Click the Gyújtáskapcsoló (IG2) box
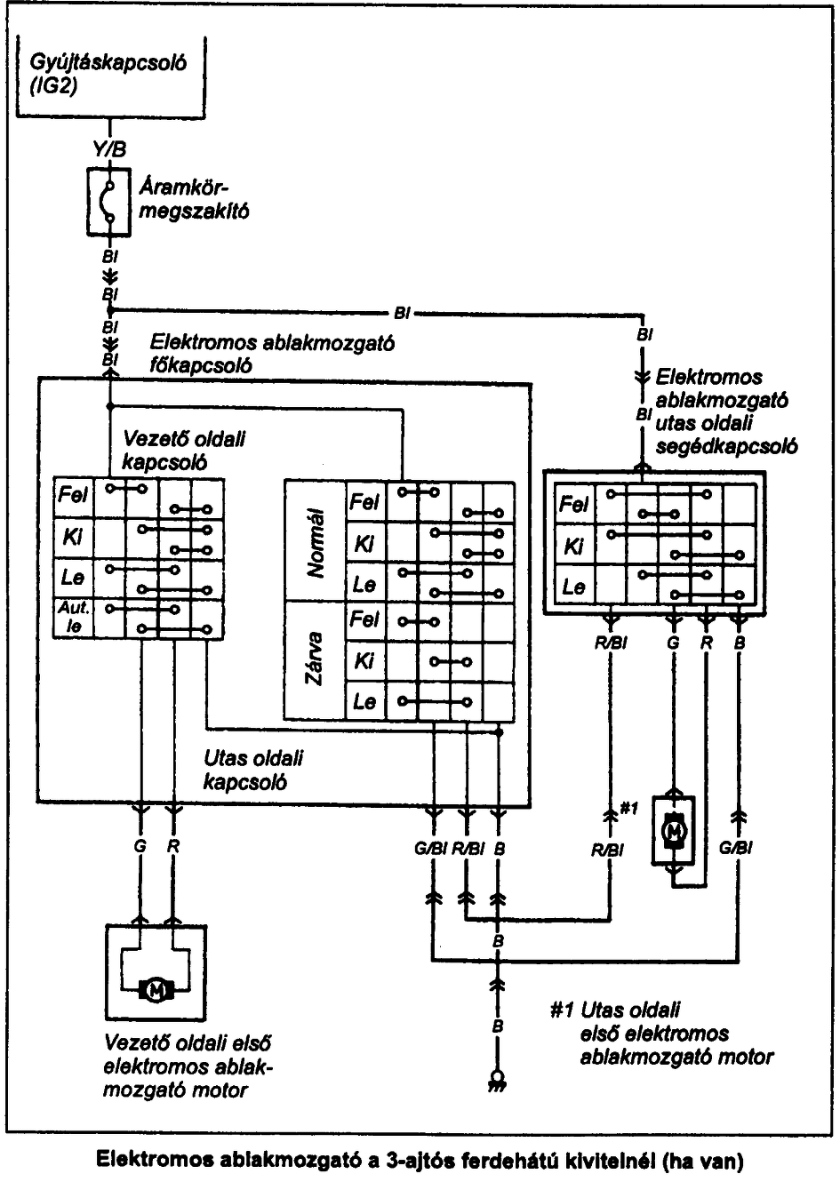(110, 76)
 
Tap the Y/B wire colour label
(110, 149)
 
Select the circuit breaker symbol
(109, 202)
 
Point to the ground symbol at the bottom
(497, 1081)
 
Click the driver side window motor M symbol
(156, 990)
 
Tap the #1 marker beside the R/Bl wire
(628, 809)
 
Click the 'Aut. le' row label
(73, 618)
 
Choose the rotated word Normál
(315, 543)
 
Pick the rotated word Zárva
(314, 659)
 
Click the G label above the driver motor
(140, 846)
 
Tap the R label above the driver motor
(172, 846)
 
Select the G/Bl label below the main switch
(431, 849)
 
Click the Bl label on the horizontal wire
(402, 314)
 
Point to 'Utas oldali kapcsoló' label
(253, 770)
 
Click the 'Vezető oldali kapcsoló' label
(184, 451)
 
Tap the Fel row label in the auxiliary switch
(574, 503)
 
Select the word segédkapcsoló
(726, 446)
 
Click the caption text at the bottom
(420, 1162)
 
